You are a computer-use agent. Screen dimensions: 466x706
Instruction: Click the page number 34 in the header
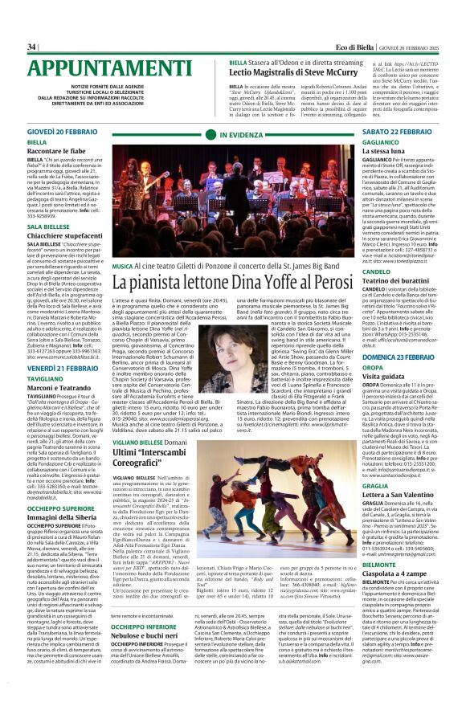point(32,47)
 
